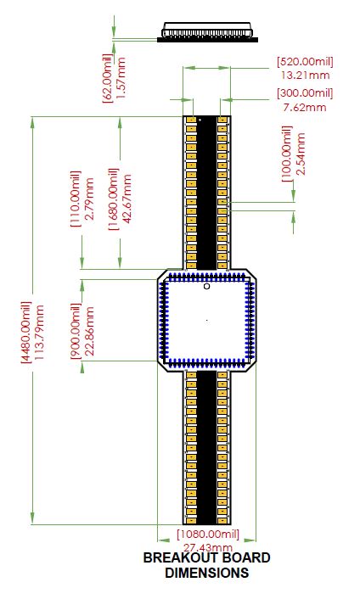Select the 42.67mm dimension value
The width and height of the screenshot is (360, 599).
tap(127, 199)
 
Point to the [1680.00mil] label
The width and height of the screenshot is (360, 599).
tap(114, 199)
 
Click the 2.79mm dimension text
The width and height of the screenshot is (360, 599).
tap(89, 199)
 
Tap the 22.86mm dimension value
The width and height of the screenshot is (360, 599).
tap(89, 331)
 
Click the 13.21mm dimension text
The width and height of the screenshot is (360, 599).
tap(305, 75)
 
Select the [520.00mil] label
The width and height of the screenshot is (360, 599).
tap(305, 61)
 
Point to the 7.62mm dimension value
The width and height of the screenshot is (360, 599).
tap(305, 107)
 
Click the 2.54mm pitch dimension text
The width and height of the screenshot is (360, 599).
tap(301, 154)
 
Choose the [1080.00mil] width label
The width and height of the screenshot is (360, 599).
tap(208, 534)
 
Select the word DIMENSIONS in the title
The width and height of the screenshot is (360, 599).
tap(207, 573)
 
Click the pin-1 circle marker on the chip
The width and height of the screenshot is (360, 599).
tap(207, 286)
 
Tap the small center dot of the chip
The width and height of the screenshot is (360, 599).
tap(207, 320)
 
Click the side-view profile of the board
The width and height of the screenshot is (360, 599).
tap(207, 31)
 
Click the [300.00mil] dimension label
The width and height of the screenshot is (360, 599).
tap(305, 93)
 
